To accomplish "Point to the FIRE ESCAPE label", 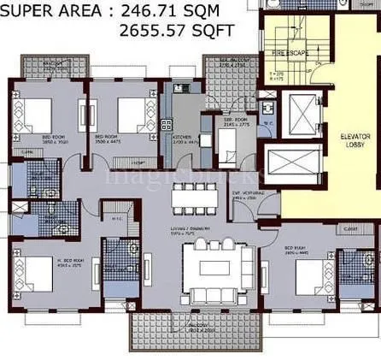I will point(288,52).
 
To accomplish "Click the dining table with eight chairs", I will point(195,197).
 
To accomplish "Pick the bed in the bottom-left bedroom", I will point(35,275).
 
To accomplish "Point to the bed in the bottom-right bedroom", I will point(312,277).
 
